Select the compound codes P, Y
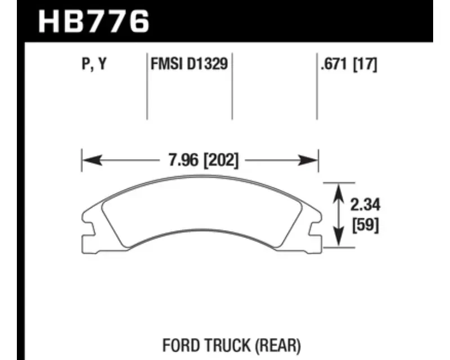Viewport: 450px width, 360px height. pos(93,65)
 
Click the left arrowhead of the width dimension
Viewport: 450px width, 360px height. pos(91,161)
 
